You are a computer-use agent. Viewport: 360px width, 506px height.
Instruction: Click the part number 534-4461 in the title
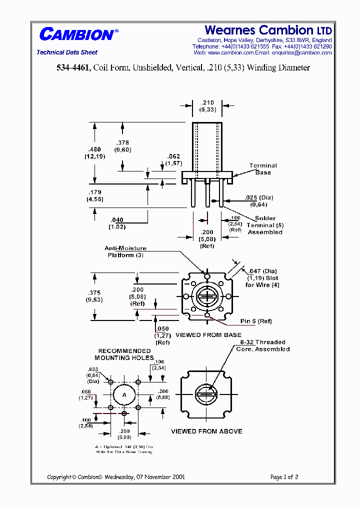[x=73, y=68]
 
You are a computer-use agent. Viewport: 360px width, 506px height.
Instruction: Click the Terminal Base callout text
[x=263, y=169]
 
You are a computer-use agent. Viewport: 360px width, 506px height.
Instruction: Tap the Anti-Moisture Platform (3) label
[x=125, y=251]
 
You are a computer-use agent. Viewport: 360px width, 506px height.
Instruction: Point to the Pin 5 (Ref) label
[x=256, y=321]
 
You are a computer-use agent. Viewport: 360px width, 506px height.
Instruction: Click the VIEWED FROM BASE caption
[x=208, y=335]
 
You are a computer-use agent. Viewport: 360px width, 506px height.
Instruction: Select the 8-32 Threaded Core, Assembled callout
[x=263, y=345]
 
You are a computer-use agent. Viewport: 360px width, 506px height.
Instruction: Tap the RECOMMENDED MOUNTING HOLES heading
[x=124, y=354]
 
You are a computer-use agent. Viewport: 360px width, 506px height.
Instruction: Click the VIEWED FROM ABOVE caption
[x=206, y=431]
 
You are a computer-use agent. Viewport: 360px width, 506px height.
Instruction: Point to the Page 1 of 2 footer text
[x=284, y=477]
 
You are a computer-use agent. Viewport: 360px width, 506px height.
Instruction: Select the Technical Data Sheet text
[x=67, y=52]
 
